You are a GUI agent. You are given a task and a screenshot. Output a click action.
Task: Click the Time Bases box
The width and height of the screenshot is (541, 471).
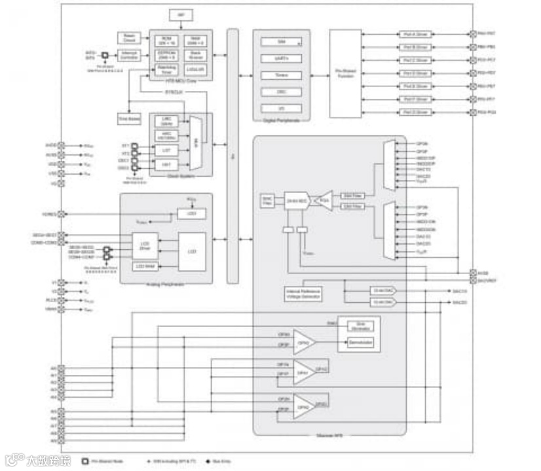pyautogui.click(x=129, y=119)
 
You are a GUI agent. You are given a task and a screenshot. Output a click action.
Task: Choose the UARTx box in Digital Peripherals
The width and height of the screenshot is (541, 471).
pyautogui.click(x=281, y=58)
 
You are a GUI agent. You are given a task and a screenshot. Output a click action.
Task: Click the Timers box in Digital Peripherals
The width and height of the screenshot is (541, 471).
pyautogui.click(x=281, y=75)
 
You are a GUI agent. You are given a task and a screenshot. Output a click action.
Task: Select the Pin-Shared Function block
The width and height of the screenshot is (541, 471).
pyautogui.click(x=345, y=74)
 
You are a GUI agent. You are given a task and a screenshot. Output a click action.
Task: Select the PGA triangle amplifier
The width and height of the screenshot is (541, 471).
pyautogui.click(x=324, y=201)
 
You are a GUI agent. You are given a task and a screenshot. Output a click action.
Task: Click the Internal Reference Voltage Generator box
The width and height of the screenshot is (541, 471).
pyautogui.click(x=303, y=294)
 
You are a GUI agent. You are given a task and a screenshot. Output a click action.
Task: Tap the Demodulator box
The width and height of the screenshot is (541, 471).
pyautogui.click(x=360, y=343)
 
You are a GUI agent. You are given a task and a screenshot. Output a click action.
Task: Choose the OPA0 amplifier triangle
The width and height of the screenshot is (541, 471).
pyautogui.click(x=303, y=341)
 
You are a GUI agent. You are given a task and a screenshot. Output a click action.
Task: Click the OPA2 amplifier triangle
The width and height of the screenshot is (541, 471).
pyautogui.click(x=303, y=408)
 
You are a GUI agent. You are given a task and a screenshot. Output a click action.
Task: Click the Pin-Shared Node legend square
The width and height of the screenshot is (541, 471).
pyautogui.click(x=84, y=461)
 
